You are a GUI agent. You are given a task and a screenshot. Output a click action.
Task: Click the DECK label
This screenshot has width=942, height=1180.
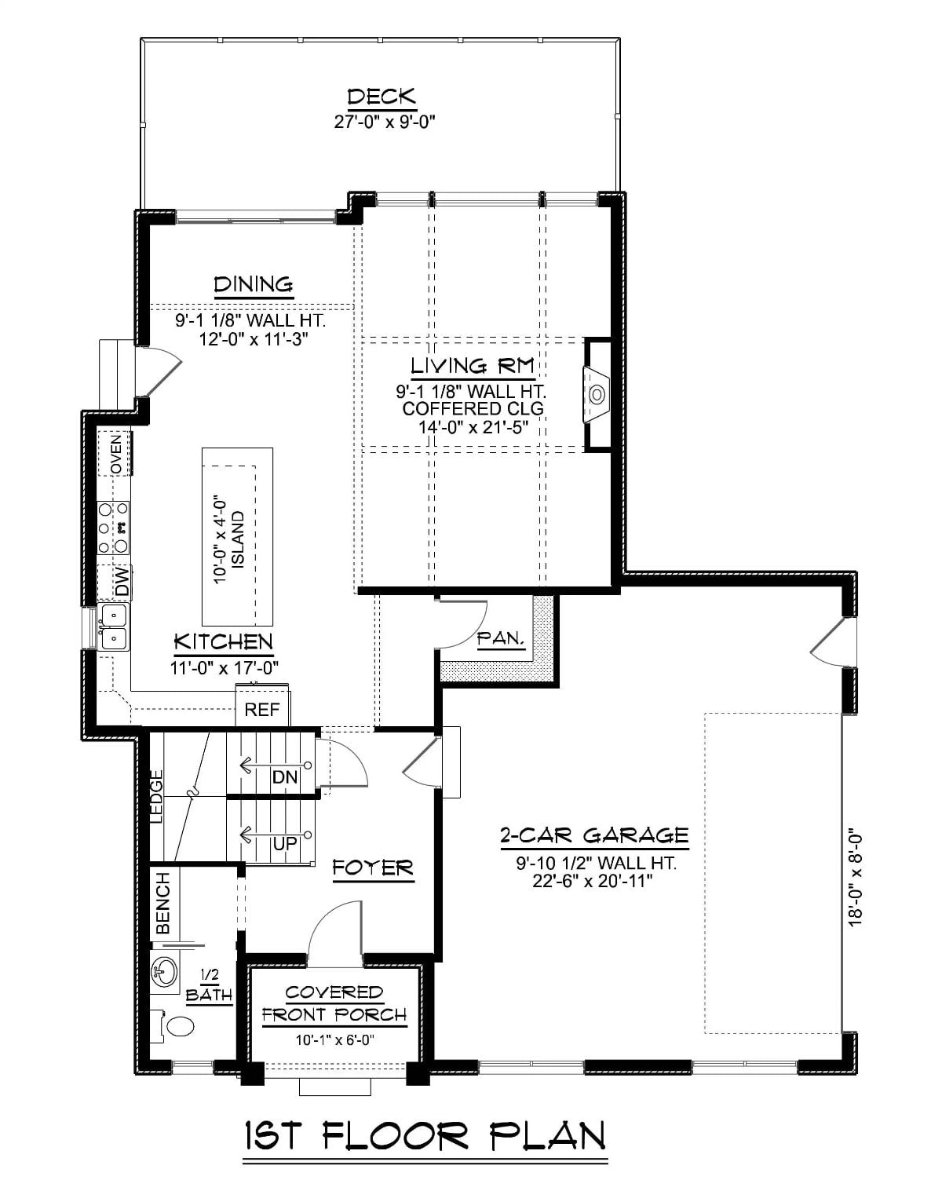[x=382, y=97]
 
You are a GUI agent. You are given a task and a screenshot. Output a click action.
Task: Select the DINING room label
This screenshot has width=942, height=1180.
[x=254, y=284]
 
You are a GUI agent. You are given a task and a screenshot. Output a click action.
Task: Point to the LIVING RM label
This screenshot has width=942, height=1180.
[x=473, y=366]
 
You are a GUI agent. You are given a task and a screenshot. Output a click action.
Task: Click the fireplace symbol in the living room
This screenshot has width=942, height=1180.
[x=597, y=393]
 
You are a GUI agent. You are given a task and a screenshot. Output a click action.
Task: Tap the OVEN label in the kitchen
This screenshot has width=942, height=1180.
[x=115, y=453]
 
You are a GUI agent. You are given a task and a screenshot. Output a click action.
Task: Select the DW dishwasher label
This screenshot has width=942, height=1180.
[x=121, y=583]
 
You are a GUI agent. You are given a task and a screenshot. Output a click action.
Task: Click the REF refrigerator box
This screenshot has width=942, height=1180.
[x=262, y=710]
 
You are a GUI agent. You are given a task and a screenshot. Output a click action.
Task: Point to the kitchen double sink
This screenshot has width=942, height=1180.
[x=113, y=627]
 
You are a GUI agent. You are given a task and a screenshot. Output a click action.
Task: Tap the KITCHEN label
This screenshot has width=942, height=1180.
[x=223, y=642]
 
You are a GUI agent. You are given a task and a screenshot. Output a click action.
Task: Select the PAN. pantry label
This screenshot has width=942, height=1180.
[x=501, y=639]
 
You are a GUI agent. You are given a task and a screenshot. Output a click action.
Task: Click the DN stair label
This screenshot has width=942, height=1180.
[x=285, y=777]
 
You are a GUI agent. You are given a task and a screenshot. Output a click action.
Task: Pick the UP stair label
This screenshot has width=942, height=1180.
[x=284, y=844]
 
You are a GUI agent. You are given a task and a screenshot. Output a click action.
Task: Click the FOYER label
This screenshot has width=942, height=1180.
[x=372, y=868]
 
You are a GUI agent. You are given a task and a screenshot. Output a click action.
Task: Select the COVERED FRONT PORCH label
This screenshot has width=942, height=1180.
[x=334, y=1003]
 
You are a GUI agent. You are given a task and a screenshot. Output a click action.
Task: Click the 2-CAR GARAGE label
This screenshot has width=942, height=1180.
[x=594, y=835]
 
